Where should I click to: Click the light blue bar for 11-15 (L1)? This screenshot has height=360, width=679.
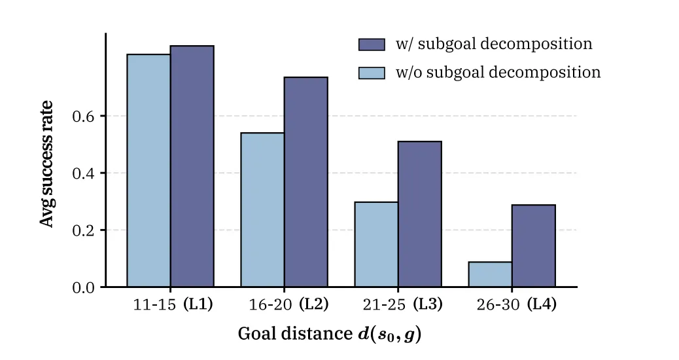click(x=148, y=170)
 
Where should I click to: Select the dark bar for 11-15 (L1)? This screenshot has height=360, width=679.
click(x=192, y=166)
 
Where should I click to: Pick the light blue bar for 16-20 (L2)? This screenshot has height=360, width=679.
click(x=262, y=209)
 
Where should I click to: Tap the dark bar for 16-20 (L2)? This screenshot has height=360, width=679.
click(x=305, y=182)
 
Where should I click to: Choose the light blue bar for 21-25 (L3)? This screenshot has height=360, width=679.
click(x=376, y=244)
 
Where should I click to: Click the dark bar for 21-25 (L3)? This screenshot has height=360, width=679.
click(x=419, y=214)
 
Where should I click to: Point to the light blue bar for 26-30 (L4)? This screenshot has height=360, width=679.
click(x=490, y=274)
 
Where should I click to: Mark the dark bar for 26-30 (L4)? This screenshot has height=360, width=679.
click(x=534, y=245)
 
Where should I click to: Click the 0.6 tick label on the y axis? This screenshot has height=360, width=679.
click(x=83, y=116)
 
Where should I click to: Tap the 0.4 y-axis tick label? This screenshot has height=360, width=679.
click(x=83, y=173)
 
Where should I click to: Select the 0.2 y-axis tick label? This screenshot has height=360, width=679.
click(x=83, y=230)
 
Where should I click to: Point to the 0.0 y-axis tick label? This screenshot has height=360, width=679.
click(x=83, y=287)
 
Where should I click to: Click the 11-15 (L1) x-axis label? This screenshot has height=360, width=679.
click(x=173, y=304)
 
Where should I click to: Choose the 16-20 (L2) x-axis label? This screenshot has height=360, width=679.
click(x=288, y=304)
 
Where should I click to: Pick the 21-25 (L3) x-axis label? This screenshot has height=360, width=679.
click(x=403, y=304)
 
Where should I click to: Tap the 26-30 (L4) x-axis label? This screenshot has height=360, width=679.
click(x=517, y=304)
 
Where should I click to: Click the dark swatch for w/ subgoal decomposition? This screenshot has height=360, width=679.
click(x=372, y=45)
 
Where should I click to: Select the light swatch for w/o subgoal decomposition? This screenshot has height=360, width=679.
click(x=372, y=73)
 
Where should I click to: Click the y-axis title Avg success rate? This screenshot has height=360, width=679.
click(x=46, y=164)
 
